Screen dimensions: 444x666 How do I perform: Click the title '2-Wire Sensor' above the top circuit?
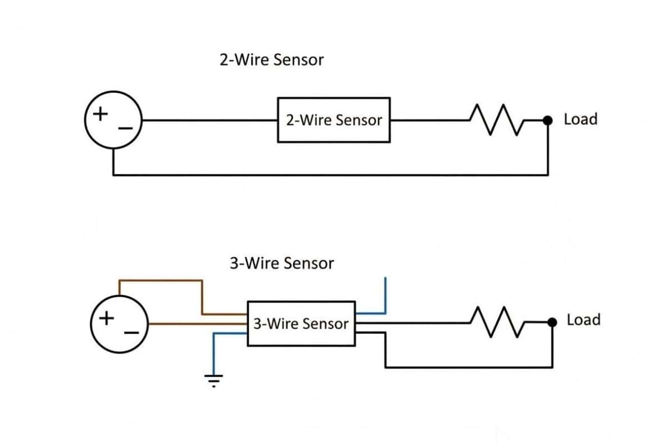point(271,60)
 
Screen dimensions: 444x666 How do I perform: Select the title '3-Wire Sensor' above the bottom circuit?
point(282,263)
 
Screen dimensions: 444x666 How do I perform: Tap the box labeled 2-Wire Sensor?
point(334,120)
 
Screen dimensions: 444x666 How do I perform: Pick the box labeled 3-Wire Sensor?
point(301,324)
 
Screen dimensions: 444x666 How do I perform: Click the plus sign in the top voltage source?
point(100,114)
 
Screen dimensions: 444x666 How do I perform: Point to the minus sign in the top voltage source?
point(125,129)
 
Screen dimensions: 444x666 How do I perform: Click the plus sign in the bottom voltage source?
point(107,319)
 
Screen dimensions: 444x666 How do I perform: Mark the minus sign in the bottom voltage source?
point(132,333)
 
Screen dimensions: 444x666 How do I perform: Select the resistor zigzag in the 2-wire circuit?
point(493,119)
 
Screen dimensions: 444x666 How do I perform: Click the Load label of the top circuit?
point(581,119)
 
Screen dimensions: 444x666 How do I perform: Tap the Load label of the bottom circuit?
point(583,320)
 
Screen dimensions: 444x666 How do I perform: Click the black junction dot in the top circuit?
point(548,120)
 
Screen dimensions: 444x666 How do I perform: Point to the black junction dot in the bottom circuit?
point(552,322)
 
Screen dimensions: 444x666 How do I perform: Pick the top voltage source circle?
point(113,120)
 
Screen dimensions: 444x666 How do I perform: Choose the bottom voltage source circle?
point(119,324)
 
